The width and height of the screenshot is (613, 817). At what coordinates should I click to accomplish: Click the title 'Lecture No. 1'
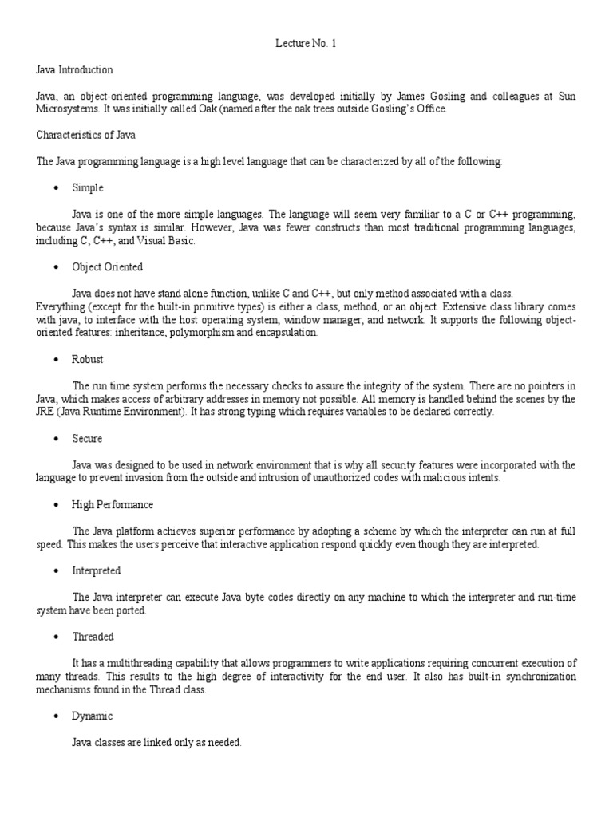click(x=306, y=44)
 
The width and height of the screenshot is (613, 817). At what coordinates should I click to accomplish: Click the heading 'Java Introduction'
click(x=75, y=69)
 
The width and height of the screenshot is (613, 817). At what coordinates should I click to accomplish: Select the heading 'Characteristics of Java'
click(x=86, y=135)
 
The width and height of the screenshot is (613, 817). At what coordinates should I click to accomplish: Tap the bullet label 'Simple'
click(x=88, y=188)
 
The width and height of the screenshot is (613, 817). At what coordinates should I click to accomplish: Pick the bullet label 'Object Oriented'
click(x=107, y=266)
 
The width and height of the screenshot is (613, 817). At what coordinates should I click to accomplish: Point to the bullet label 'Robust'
click(x=88, y=359)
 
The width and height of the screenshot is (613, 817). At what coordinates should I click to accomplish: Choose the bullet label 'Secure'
click(x=87, y=439)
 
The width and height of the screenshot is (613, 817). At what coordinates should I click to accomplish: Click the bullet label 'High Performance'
click(x=113, y=504)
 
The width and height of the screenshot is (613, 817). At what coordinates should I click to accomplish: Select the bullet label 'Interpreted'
click(x=97, y=570)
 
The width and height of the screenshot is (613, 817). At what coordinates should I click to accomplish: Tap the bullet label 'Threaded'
click(x=93, y=637)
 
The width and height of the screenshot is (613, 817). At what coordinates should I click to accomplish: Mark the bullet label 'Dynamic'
click(x=93, y=716)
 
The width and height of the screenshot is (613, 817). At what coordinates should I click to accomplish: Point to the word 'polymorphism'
click(x=201, y=333)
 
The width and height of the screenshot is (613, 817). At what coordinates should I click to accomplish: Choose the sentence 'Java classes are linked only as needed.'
click(x=156, y=742)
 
